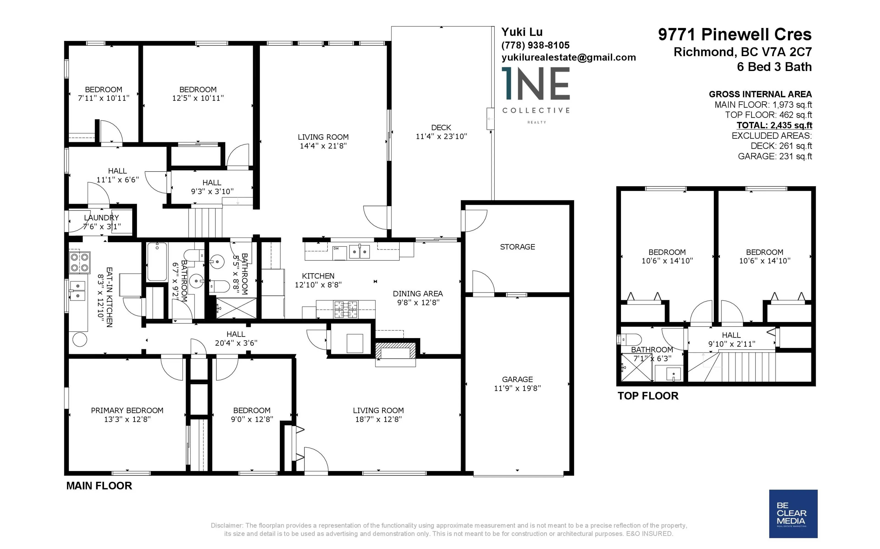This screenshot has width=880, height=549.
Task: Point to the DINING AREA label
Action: [x=418, y=293]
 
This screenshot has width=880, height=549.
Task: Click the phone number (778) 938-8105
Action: [x=535, y=45]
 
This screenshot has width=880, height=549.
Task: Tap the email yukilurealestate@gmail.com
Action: [x=568, y=57]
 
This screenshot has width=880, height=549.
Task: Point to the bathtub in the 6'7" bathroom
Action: [x=157, y=261]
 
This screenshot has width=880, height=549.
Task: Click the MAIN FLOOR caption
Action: [x=99, y=486]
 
